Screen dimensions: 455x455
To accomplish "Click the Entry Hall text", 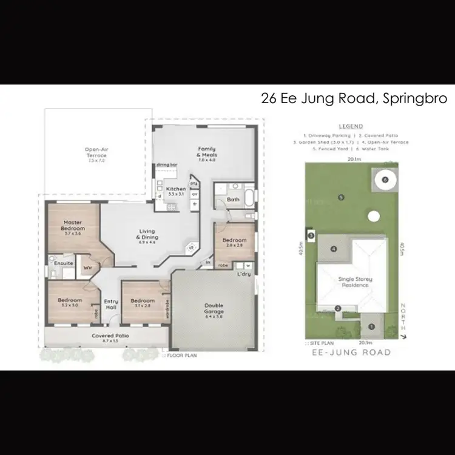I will click(x=110, y=305).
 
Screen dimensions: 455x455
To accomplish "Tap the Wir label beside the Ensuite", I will click(x=87, y=266).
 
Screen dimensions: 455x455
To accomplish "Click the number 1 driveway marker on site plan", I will click(x=371, y=327).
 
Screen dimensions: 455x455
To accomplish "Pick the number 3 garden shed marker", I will click(x=311, y=235).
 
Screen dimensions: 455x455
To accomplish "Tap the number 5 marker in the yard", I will click(x=342, y=197).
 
